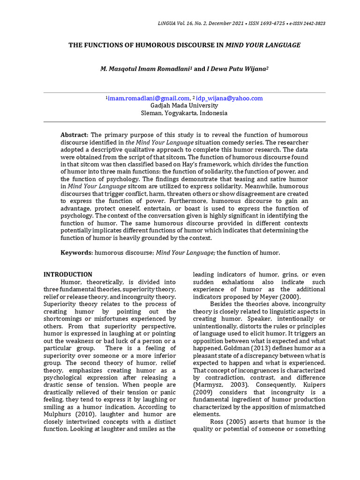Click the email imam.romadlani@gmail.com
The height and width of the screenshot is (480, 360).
pyautogui.click(x=149, y=98)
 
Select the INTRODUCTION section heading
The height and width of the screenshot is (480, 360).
pyautogui.click(x=68, y=275)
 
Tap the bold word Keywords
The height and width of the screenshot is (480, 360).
pyautogui.click(x=77, y=253)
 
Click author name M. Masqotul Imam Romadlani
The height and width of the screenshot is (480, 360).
pyautogui.click(x=146, y=69)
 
